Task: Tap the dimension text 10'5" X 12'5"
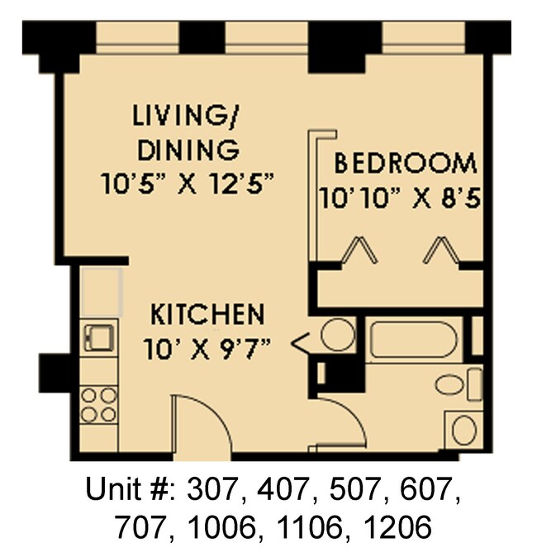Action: [189, 183]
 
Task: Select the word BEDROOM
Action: [405, 163]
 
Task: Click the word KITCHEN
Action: [207, 315]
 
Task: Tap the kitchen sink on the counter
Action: [99, 338]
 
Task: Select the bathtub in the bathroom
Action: [412, 340]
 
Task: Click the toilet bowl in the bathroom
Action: [453, 385]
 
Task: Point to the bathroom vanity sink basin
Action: [464, 430]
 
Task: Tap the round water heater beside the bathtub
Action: [337, 335]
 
